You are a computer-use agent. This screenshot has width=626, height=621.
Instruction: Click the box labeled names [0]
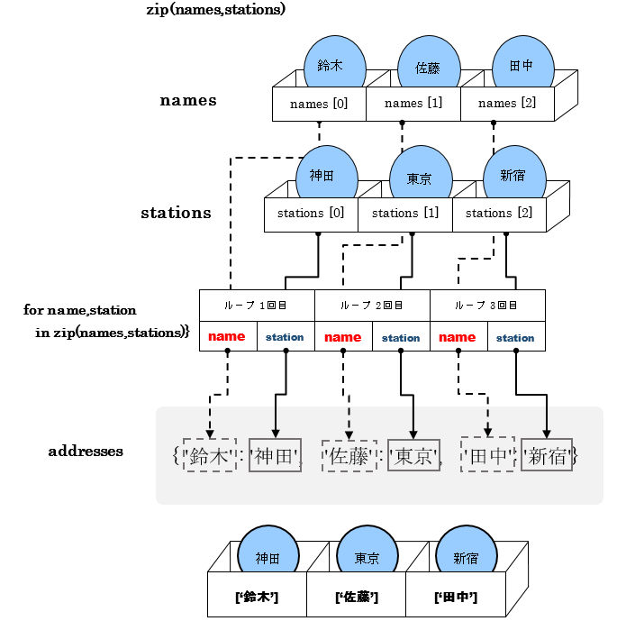tap(319, 104)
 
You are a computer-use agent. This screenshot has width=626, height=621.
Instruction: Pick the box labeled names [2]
tap(506, 104)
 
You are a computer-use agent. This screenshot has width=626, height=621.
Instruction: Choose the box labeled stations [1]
tap(404, 214)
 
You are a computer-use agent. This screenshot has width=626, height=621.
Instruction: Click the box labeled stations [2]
tap(499, 214)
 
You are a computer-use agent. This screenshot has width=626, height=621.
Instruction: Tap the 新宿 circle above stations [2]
tap(512, 174)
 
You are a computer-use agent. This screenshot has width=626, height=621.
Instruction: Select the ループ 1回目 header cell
tap(257, 306)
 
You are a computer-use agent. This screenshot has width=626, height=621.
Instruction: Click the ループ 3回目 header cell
tap(487, 306)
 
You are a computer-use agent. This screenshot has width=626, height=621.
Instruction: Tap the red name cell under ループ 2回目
tap(343, 337)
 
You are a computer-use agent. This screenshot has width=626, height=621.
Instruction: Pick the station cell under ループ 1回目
tap(286, 337)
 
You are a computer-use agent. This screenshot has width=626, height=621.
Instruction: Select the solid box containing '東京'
tap(414, 455)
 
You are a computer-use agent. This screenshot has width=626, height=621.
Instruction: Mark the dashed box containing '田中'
tap(488, 455)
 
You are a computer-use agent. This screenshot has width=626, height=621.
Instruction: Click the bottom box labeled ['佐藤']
tap(356, 597)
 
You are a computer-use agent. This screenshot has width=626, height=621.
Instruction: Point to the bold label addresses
tap(86, 451)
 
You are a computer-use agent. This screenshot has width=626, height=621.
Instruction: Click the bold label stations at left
tap(176, 214)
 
